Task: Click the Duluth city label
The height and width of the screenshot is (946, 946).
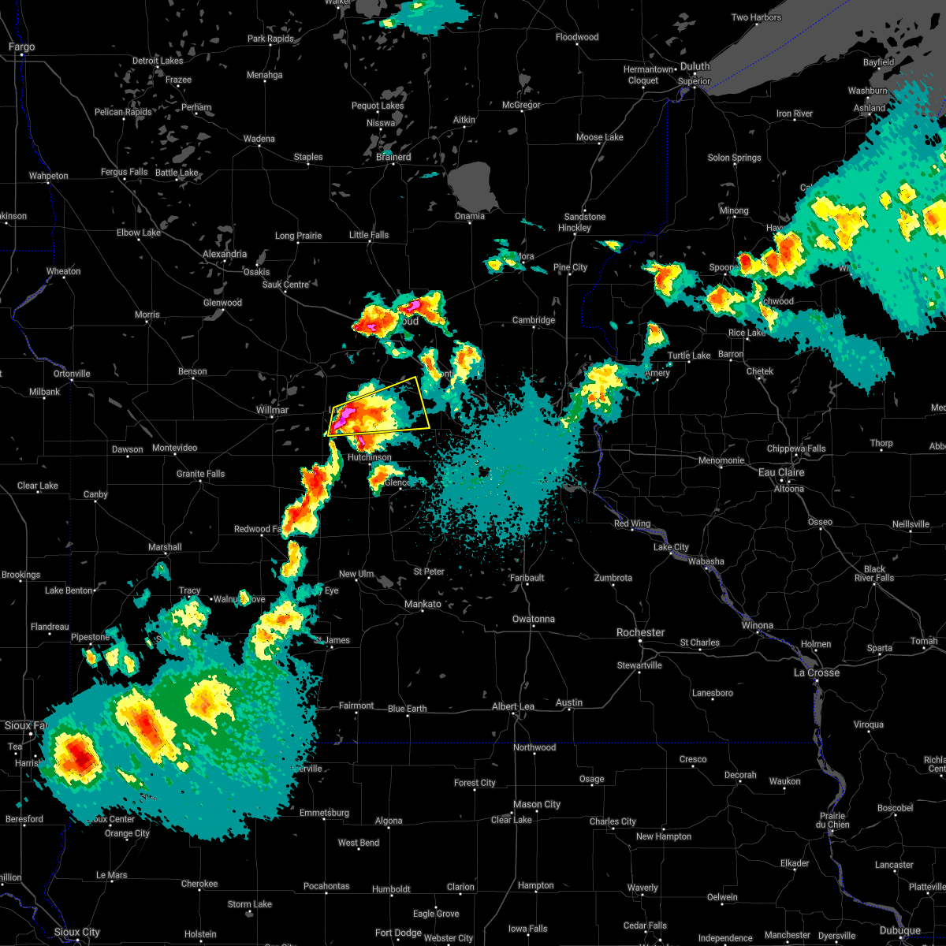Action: point(695,67)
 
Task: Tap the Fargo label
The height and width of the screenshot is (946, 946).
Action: point(22,47)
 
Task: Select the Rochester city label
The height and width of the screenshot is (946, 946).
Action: point(640,632)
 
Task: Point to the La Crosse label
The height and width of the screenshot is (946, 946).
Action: point(816,672)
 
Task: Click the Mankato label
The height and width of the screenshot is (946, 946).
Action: point(423,604)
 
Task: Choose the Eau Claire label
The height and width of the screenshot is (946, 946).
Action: point(781,472)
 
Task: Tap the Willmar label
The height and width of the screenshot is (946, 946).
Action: point(272,410)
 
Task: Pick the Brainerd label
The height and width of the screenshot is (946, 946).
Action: point(393,157)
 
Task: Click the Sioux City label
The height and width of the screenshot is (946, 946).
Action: point(78,932)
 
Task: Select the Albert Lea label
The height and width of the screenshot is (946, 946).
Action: point(513,706)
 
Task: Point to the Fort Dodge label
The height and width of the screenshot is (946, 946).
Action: point(398,933)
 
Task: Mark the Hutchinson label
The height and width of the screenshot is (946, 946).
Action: point(369,457)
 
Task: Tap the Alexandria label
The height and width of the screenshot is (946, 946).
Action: point(225,254)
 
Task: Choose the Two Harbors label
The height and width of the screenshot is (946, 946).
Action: point(756,17)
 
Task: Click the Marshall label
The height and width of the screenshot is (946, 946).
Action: point(165,547)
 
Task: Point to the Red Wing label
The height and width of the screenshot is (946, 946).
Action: point(631,523)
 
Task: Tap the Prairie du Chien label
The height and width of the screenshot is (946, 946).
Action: point(832,820)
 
